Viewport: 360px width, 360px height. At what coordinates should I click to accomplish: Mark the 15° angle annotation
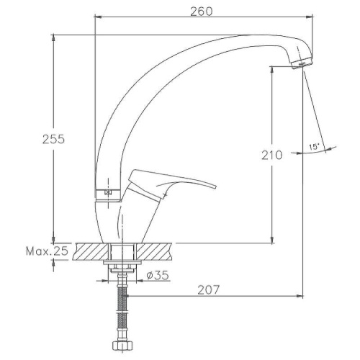(x=315, y=146)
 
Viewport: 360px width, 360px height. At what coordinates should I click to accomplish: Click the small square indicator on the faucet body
(x=107, y=193)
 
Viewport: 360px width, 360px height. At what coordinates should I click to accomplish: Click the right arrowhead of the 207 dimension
(x=300, y=296)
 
